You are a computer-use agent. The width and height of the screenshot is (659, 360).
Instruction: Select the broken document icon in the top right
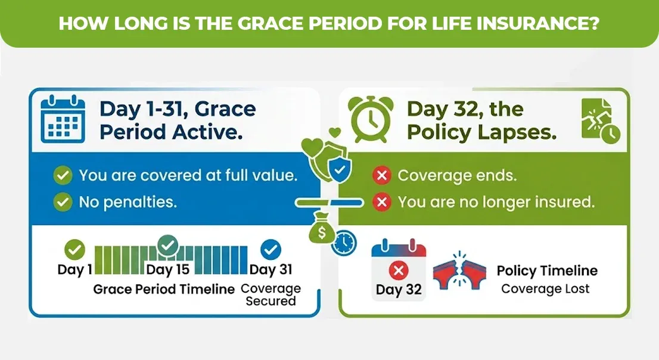598,121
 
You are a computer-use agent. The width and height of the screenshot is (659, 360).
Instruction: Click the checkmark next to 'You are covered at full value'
63,176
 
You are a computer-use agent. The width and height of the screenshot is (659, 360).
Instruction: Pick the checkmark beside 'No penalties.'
63,202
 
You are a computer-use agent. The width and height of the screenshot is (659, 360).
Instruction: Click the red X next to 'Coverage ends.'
381,176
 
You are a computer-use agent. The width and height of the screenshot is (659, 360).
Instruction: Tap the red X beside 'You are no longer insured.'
381,202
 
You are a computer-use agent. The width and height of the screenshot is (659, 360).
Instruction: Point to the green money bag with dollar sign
322,231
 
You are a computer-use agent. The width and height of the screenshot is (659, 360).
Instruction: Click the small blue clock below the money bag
344,243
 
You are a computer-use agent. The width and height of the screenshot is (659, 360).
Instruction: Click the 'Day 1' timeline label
74,270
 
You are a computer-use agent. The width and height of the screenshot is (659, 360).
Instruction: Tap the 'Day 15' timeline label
167,270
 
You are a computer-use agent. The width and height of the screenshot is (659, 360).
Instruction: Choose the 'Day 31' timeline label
271,270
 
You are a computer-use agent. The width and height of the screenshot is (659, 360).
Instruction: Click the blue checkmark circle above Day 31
271,249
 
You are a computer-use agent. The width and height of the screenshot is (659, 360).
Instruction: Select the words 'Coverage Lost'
545,289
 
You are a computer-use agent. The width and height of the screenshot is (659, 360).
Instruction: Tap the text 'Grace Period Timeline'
164,289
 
